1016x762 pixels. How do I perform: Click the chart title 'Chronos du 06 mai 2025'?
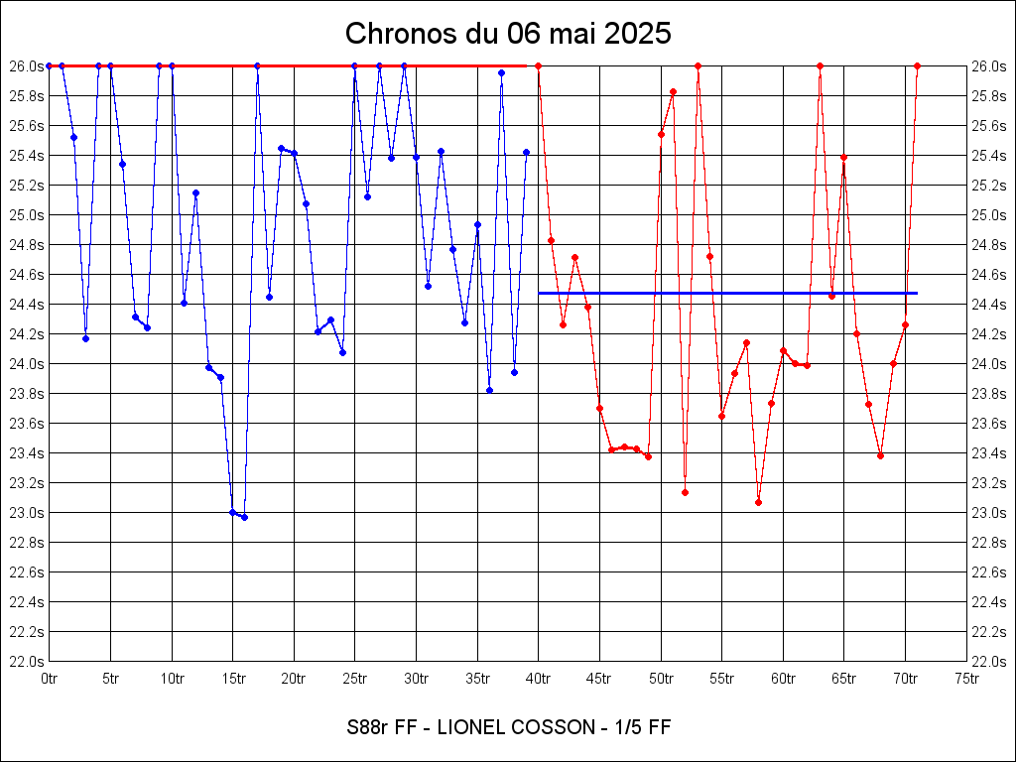click(x=508, y=34)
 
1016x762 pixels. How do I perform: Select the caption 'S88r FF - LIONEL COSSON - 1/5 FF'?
click(x=508, y=727)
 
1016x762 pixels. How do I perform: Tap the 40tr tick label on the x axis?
click(x=539, y=679)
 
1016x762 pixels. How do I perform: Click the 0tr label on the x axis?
click(x=50, y=679)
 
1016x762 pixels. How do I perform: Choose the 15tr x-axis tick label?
click(x=233, y=679)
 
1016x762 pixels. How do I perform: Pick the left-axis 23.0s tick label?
click(x=27, y=512)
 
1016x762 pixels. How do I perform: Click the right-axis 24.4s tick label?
click(x=989, y=304)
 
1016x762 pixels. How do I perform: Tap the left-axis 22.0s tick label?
click(x=27, y=661)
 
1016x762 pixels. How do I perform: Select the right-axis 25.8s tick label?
click(x=989, y=95)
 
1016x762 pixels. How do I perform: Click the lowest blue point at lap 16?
click(x=244, y=517)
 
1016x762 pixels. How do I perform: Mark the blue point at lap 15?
click(x=232, y=512)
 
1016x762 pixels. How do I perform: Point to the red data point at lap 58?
click(x=758, y=502)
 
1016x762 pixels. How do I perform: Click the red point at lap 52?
click(x=685, y=492)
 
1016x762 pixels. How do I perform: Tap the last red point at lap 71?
click(x=918, y=65)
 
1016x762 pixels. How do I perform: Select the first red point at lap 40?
click(x=538, y=65)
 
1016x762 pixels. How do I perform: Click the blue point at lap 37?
click(x=501, y=72)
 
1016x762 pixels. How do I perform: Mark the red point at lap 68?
click(x=881, y=455)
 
